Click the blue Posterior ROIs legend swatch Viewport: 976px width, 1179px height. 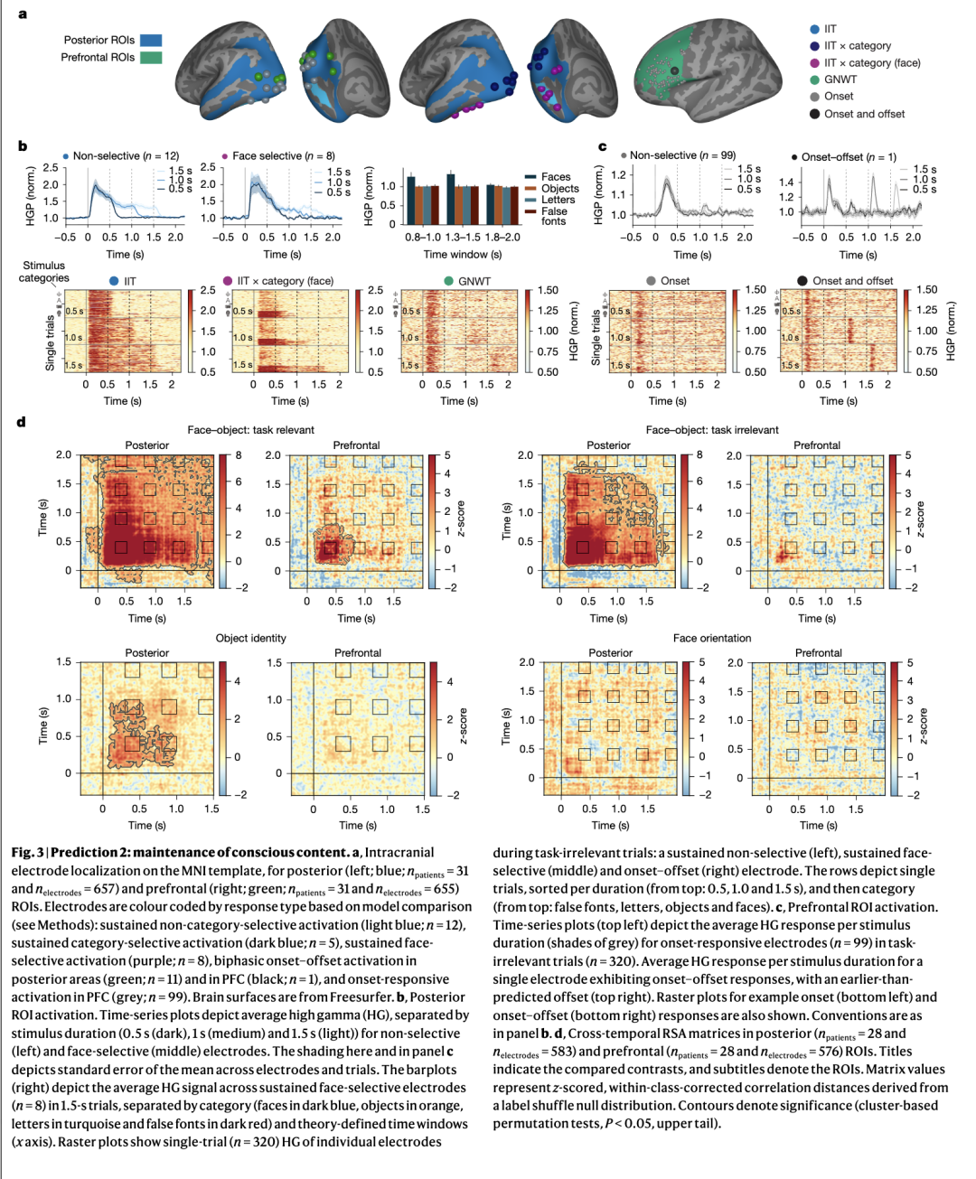151,40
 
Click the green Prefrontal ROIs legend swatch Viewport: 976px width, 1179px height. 151,57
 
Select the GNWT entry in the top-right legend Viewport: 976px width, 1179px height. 840,80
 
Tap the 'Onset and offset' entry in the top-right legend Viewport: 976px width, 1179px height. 863,114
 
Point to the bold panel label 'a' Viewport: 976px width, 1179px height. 23,14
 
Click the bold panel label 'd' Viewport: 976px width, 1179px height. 21,422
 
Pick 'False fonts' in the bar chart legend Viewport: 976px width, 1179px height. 554,216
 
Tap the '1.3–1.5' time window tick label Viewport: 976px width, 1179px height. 463,237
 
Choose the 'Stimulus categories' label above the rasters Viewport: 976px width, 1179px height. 43,272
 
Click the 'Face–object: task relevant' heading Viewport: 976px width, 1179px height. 251,430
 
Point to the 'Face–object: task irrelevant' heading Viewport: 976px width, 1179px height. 712,430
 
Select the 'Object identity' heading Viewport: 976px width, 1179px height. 251,638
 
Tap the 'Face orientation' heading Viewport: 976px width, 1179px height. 712,638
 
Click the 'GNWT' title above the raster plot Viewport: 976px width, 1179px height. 474,281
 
